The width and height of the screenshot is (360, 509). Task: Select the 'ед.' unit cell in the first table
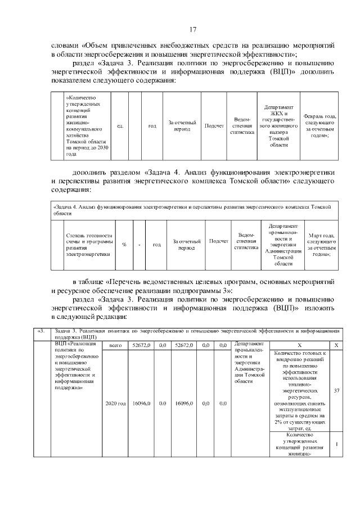click(120, 126)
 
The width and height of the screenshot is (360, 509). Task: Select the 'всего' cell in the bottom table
click(115, 345)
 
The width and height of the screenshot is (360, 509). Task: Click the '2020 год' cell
click(115, 403)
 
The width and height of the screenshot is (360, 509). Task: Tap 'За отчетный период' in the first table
click(182, 126)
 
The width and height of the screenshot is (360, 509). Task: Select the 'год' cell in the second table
click(157, 245)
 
